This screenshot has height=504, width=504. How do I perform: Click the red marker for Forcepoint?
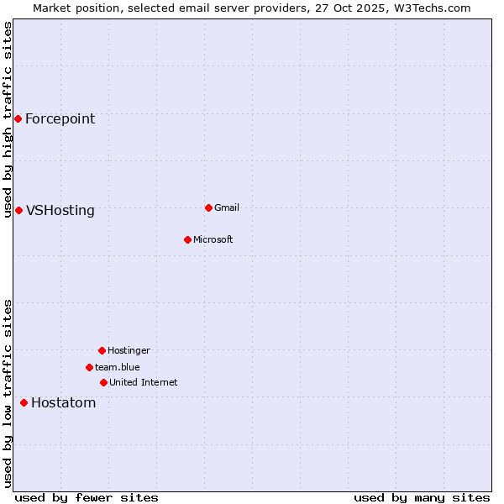point(18,118)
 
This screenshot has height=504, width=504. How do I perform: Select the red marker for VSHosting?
point(18,210)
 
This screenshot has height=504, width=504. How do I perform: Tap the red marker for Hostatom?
point(24,402)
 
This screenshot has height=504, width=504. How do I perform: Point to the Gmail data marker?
point(208,207)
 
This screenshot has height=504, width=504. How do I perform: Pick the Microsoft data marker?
point(187,239)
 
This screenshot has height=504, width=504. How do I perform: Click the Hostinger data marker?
point(102,350)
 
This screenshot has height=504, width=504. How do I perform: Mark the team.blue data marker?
point(89,367)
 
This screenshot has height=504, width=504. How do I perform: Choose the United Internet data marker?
point(103,382)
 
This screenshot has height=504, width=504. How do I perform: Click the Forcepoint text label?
point(60,118)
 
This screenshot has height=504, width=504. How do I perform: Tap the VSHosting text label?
point(60,210)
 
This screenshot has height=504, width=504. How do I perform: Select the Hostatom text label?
point(63,402)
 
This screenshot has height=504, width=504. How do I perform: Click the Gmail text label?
point(227,207)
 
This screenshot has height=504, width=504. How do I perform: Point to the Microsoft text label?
point(213,239)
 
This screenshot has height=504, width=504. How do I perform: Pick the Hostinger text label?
point(129,350)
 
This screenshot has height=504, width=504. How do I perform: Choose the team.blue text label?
point(117,367)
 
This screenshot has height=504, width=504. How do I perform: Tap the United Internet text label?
point(143,382)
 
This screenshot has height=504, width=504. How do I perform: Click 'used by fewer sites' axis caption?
point(87,497)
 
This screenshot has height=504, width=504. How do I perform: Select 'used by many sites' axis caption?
point(422,497)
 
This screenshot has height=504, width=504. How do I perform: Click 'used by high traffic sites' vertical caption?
point(8,119)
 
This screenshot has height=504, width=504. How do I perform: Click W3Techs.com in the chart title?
point(430,8)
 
